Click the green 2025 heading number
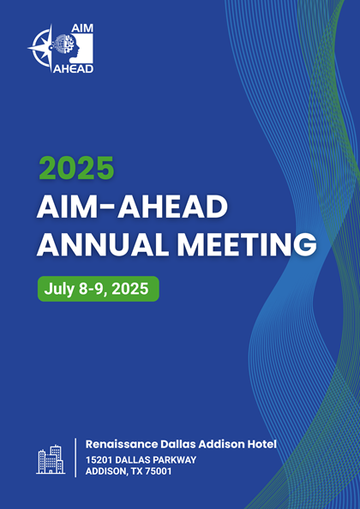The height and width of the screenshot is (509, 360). click(x=76, y=168)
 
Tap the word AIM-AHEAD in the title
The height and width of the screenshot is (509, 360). click(x=132, y=207)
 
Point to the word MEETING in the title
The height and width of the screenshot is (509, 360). click(x=247, y=245)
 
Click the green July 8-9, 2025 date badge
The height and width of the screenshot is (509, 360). click(x=99, y=289)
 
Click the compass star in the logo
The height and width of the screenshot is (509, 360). click(x=42, y=47)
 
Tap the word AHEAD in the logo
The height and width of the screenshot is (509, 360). click(x=73, y=69)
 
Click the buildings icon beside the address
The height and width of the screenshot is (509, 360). click(x=51, y=459)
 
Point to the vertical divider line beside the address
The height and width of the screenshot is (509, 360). click(x=75, y=458)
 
